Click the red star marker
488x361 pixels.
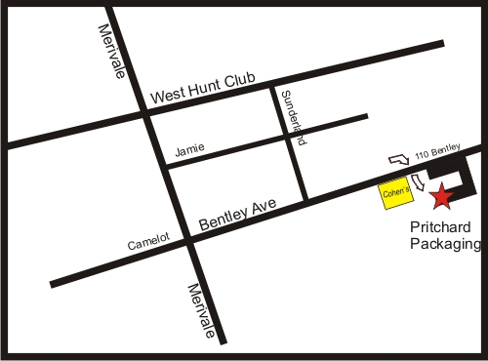click(442, 196)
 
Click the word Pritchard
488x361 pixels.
click(439, 227)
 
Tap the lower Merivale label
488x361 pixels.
click(202, 309)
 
